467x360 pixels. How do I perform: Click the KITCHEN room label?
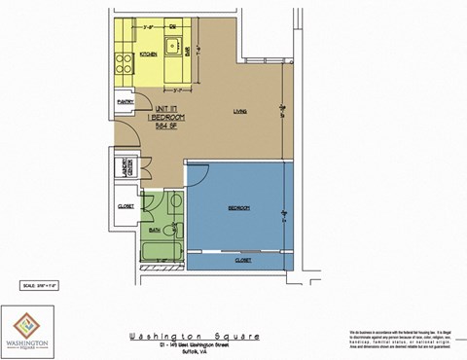tap(149, 54)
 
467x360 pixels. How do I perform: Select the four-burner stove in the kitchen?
tap(125, 64)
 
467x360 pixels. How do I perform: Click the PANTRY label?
tap(125, 100)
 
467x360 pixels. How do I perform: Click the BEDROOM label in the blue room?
tap(239, 207)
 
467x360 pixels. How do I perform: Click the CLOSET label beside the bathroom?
tap(126, 206)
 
